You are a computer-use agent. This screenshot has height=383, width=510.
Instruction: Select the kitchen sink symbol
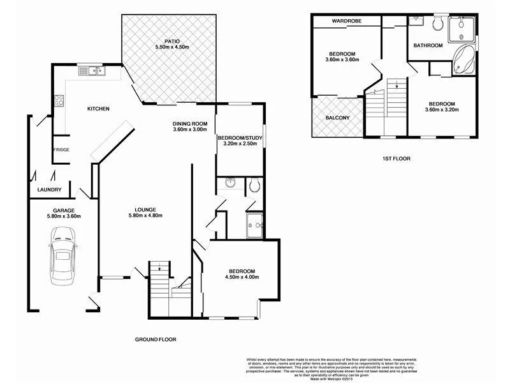[x=97, y=70]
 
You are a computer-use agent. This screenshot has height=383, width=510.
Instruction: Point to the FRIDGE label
[x=61, y=149]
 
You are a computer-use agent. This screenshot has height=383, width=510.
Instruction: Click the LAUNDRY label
[x=49, y=190]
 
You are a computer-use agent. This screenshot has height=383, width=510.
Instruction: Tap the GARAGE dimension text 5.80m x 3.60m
[x=64, y=216]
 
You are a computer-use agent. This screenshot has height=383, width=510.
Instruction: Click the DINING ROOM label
[x=191, y=123]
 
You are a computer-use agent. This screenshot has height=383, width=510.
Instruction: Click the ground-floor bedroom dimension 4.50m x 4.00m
[x=242, y=277]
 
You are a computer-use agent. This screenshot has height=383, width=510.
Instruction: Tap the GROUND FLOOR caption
[x=155, y=340]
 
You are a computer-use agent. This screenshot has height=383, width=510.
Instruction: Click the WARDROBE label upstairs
[x=346, y=21]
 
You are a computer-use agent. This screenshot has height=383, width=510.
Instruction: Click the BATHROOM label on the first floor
[x=428, y=45]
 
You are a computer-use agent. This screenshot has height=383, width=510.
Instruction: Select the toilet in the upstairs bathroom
[x=437, y=24]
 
